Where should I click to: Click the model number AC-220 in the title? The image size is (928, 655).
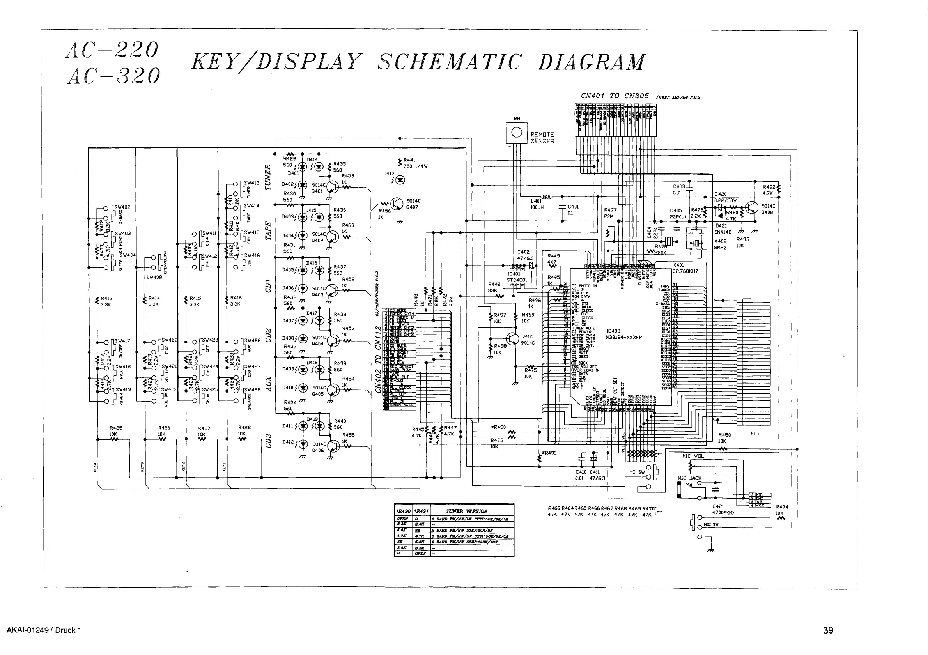112,50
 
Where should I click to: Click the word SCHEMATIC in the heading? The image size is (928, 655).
450,62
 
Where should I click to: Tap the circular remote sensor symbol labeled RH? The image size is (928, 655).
517,133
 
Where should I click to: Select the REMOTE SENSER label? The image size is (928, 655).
542,138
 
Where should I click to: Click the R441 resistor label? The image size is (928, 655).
409,160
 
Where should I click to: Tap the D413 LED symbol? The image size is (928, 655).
400,180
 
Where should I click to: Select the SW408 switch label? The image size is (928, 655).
154,277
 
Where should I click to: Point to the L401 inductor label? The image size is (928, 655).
536,201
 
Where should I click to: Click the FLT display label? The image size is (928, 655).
755,434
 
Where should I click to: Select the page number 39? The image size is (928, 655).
828,630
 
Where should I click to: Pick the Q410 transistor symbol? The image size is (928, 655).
512,339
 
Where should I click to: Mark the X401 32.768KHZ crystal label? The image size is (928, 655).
685,268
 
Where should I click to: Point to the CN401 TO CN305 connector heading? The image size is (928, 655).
615,96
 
